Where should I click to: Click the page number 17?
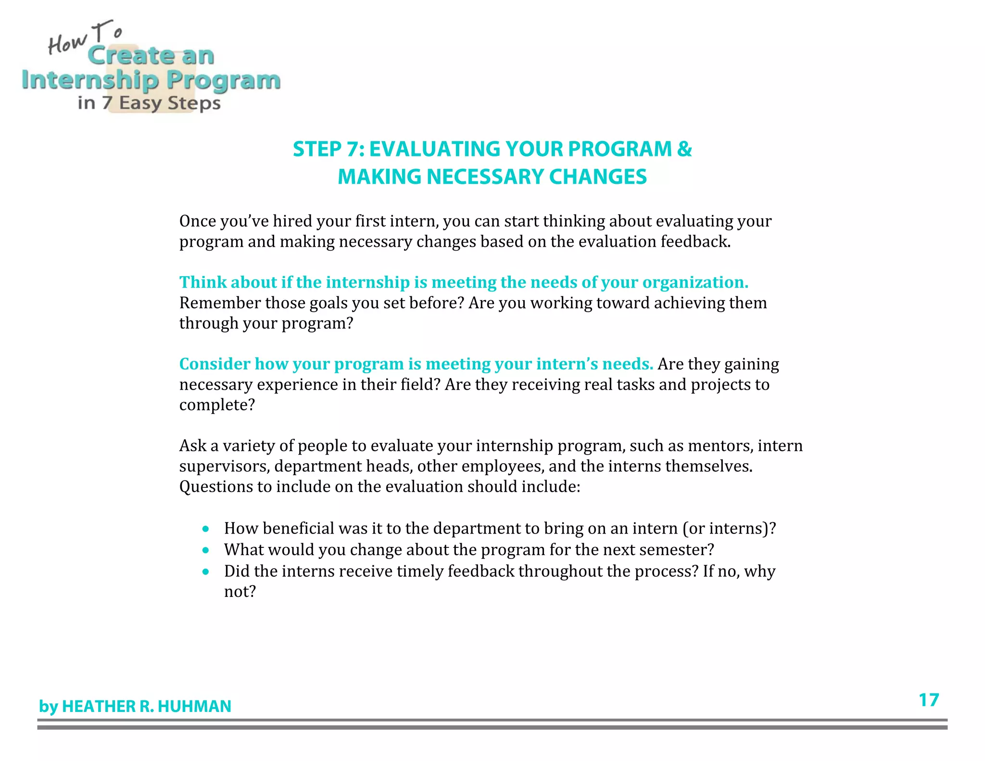tap(928, 700)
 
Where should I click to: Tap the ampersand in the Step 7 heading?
tap(684, 149)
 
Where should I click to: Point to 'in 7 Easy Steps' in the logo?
tap(149, 103)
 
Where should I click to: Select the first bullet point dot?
tap(206, 529)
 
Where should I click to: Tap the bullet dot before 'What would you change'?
tap(206, 550)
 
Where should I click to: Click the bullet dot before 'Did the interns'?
tap(206, 572)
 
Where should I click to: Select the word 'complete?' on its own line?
tap(217, 405)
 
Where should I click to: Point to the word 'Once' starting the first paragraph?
tap(197, 221)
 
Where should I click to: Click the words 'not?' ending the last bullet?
tap(240, 592)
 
